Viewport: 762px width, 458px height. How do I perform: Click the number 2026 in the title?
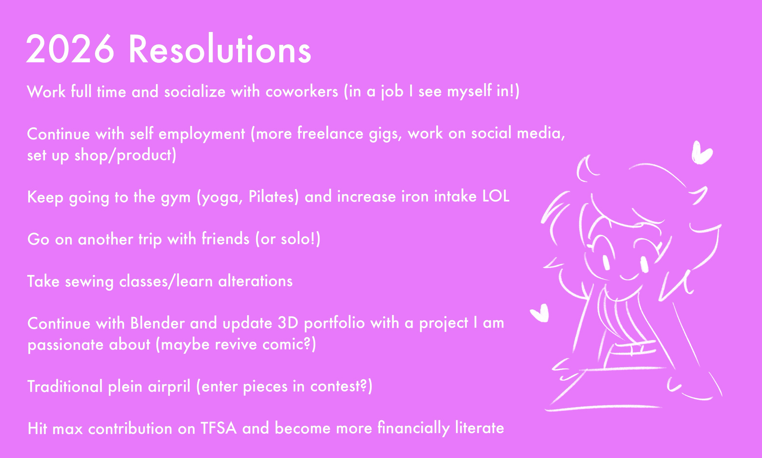(70, 49)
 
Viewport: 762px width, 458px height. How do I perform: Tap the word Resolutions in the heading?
(220, 49)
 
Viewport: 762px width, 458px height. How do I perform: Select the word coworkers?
(302, 92)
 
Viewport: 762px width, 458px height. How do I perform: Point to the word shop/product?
(125, 155)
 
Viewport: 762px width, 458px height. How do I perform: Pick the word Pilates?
(274, 197)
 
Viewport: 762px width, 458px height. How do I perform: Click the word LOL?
(496, 196)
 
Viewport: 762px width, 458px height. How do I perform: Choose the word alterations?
(255, 281)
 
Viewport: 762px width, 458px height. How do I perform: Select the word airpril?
(169, 387)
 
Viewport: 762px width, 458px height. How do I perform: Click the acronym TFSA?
(218, 428)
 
